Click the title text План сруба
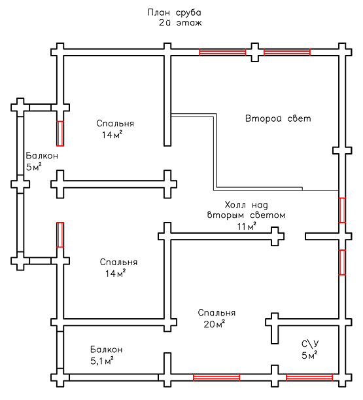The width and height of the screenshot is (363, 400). [x=175, y=12]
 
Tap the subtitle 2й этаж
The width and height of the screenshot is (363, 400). [x=181, y=23]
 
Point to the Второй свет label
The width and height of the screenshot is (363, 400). [x=278, y=118]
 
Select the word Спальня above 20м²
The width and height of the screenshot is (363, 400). [x=216, y=313]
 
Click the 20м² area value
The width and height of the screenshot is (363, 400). [x=215, y=324]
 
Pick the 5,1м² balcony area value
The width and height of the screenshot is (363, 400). [x=102, y=361]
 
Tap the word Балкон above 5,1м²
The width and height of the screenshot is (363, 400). [x=107, y=349]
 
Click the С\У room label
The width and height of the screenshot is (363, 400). [x=310, y=344]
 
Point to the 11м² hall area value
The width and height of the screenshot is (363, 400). [x=247, y=226]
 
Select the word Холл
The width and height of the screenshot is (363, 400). [x=235, y=205]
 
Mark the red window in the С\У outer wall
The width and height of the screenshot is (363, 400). [x=309, y=377]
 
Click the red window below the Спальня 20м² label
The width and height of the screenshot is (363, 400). [x=216, y=377]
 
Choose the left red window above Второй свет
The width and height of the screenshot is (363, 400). [x=222, y=52]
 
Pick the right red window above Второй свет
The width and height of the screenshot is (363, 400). [x=287, y=52]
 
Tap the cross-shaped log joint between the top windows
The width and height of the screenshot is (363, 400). [x=255, y=52]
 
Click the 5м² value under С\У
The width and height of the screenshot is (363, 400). [x=309, y=355]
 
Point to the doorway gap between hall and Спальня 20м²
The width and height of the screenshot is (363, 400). [x=295, y=236]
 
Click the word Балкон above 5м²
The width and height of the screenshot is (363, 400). [x=42, y=156]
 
